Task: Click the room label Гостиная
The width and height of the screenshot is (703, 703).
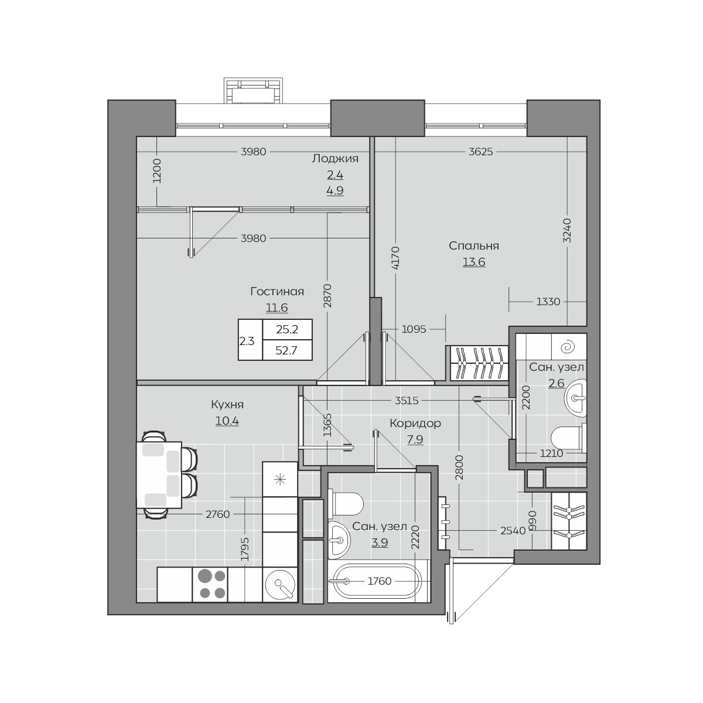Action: [x=277, y=292]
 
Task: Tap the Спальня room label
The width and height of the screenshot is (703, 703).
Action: [x=473, y=246]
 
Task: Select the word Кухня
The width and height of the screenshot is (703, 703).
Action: [x=227, y=405]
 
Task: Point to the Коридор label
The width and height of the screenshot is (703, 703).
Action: [x=415, y=423]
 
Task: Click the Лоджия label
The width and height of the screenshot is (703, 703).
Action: [x=335, y=159]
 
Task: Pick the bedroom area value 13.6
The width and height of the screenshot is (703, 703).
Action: [x=474, y=262]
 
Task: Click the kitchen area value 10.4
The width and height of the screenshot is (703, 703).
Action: [x=227, y=421]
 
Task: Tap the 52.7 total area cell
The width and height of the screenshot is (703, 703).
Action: [x=286, y=350]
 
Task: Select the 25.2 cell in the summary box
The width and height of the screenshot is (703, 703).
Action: [x=286, y=329]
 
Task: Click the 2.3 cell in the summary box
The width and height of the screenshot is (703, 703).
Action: [x=247, y=341]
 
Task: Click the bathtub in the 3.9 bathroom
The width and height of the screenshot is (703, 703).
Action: [x=378, y=581]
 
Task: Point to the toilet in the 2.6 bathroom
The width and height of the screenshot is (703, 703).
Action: [x=569, y=438]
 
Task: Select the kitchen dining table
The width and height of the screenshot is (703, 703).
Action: [x=159, y=475]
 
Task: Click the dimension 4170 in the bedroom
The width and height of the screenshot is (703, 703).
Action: [x=397, y=258]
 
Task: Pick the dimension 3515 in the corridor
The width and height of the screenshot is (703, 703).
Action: [x=407, y=401]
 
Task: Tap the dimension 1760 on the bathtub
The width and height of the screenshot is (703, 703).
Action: [x=380, y=581]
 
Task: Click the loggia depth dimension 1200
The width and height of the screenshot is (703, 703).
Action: [x=157, y=170]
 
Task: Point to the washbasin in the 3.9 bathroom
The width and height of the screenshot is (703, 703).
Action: [x=339, y=540]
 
